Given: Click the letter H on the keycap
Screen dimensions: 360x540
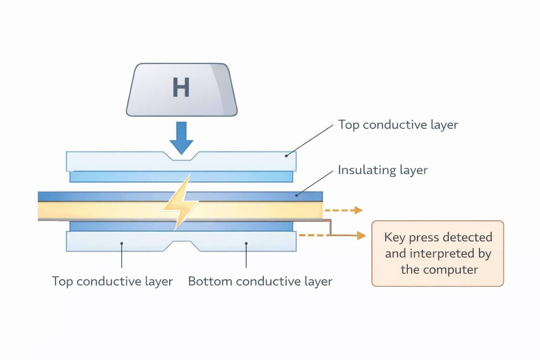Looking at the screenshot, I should coord(181,88).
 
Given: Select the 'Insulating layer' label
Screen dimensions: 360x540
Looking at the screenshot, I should coord(382,170).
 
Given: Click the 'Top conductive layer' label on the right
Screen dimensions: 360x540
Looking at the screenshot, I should coord(398,125).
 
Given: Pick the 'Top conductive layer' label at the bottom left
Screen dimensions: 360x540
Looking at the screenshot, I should coord(112,281).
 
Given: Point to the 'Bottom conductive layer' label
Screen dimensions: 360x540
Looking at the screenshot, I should coord(260,281).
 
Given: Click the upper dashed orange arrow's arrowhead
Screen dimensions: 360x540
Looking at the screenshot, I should coord(358,210).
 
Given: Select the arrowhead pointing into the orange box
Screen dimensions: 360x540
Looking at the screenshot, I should coord(361,236).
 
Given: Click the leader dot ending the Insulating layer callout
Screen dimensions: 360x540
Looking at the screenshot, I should coord(296,195).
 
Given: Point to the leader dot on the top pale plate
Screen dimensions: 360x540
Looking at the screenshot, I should coord(286,156).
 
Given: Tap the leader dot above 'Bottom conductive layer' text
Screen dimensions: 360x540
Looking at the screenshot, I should coord(246,243).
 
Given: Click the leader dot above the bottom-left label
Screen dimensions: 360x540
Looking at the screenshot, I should coord(122,243).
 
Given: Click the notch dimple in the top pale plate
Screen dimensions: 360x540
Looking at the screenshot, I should coord(181,157).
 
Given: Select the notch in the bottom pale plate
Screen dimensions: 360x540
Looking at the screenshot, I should coord(181,245).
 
